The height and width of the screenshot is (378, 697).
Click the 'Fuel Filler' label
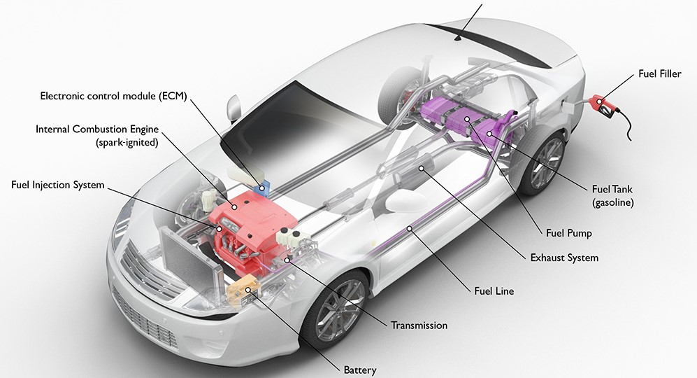pyautogui.click(x=659, y=73)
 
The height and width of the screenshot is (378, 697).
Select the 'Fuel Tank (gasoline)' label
pyautogui.click(x=613, y=195)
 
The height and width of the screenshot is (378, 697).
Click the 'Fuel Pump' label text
pyautogui.click(x=568, y=233)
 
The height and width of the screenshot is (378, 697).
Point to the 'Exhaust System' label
pyautogui.click(x=564, y=258)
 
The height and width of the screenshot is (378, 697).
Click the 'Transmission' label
pyautogui.click(x=419, y=325)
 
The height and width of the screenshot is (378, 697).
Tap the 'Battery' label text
pyautogui.click(x=360, y=370)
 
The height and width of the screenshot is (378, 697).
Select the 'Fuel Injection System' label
pyautogui.click(x=57, y=185)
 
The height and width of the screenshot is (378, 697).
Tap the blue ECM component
pyautogui.click(x=264, y=185)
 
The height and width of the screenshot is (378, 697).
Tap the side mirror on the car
pyautogui.click(x=233, y=108)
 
